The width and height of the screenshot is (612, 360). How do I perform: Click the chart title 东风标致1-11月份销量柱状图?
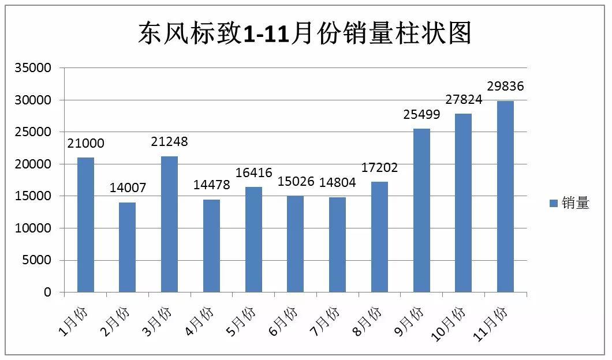coord(304,33)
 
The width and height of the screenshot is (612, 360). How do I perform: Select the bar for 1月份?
coord(85,224)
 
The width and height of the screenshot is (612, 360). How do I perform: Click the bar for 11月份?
coord(505,196)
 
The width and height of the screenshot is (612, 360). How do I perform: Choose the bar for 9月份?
coord(421,210)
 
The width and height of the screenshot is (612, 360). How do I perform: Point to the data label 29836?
coord(505,87)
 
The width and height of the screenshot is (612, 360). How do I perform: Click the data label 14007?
coord(128,188)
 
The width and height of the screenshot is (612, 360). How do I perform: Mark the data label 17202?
coord(379,168)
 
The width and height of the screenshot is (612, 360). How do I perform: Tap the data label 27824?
coord(463,99)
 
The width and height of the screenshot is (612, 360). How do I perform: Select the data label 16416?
coord(253,172)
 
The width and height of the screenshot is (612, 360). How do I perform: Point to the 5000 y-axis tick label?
coord(38,260)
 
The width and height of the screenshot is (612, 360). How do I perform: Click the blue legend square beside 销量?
coord(553,203)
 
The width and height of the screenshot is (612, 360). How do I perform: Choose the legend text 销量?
coord(574,203)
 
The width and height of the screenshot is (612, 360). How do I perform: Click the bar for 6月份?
coord(296,244)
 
